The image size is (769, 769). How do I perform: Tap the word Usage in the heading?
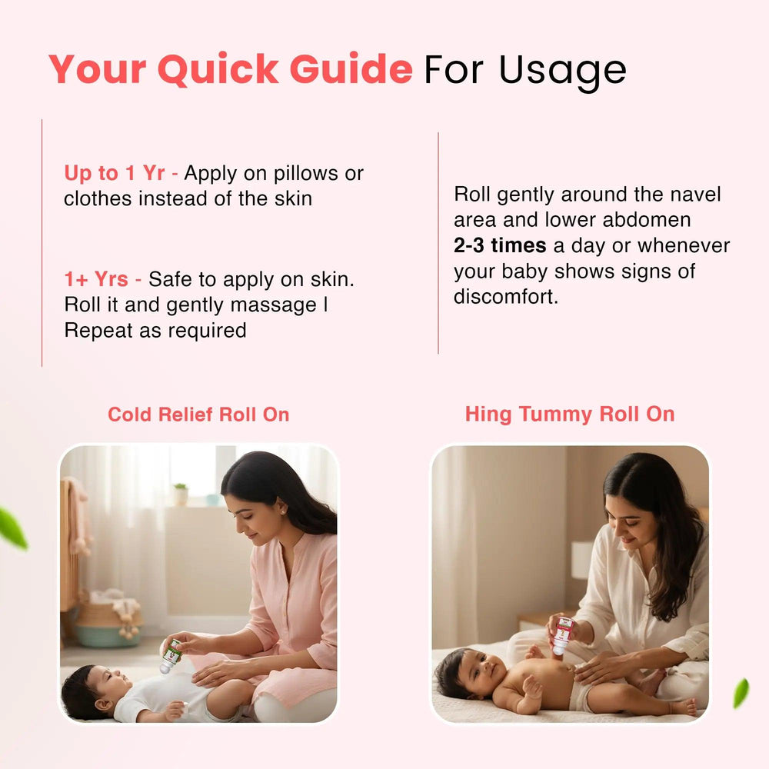(563, 72)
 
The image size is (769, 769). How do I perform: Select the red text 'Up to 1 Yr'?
(115, 173)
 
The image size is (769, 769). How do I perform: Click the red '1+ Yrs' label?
(96, 279)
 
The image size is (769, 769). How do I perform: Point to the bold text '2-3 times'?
(500, 245)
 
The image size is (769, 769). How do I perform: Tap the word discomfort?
(506, 296)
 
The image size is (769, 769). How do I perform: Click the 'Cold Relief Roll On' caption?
(198, 414)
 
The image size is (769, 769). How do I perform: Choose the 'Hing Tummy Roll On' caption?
(570, 414)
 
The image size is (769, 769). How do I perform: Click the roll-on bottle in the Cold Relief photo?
(170, 656)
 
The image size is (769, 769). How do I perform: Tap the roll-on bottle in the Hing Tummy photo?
(563, 636)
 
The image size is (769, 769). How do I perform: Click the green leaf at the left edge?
(12, 528)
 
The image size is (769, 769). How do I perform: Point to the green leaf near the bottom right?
(741, 693)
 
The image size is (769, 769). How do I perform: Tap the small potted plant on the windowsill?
(181, 494)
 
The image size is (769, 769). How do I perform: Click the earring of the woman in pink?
(283, 511)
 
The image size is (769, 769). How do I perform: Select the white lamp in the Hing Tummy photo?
(583, 560)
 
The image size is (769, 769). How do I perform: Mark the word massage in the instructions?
(274, 305)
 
